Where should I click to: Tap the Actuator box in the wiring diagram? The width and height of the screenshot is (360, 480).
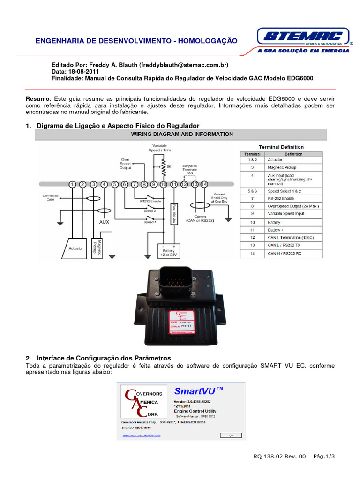tap(76, 248)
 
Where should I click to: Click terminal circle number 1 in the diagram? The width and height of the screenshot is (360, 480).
tap(72, 185)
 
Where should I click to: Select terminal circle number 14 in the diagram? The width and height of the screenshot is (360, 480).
tap(204, 185)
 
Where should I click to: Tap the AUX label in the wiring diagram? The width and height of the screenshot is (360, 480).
tap(104, 222)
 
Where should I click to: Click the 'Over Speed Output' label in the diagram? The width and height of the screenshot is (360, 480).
tap(125, 164)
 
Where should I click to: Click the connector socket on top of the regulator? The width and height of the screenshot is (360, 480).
tap(171, 282)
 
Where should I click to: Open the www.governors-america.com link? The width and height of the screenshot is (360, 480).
tap(141, 435)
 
